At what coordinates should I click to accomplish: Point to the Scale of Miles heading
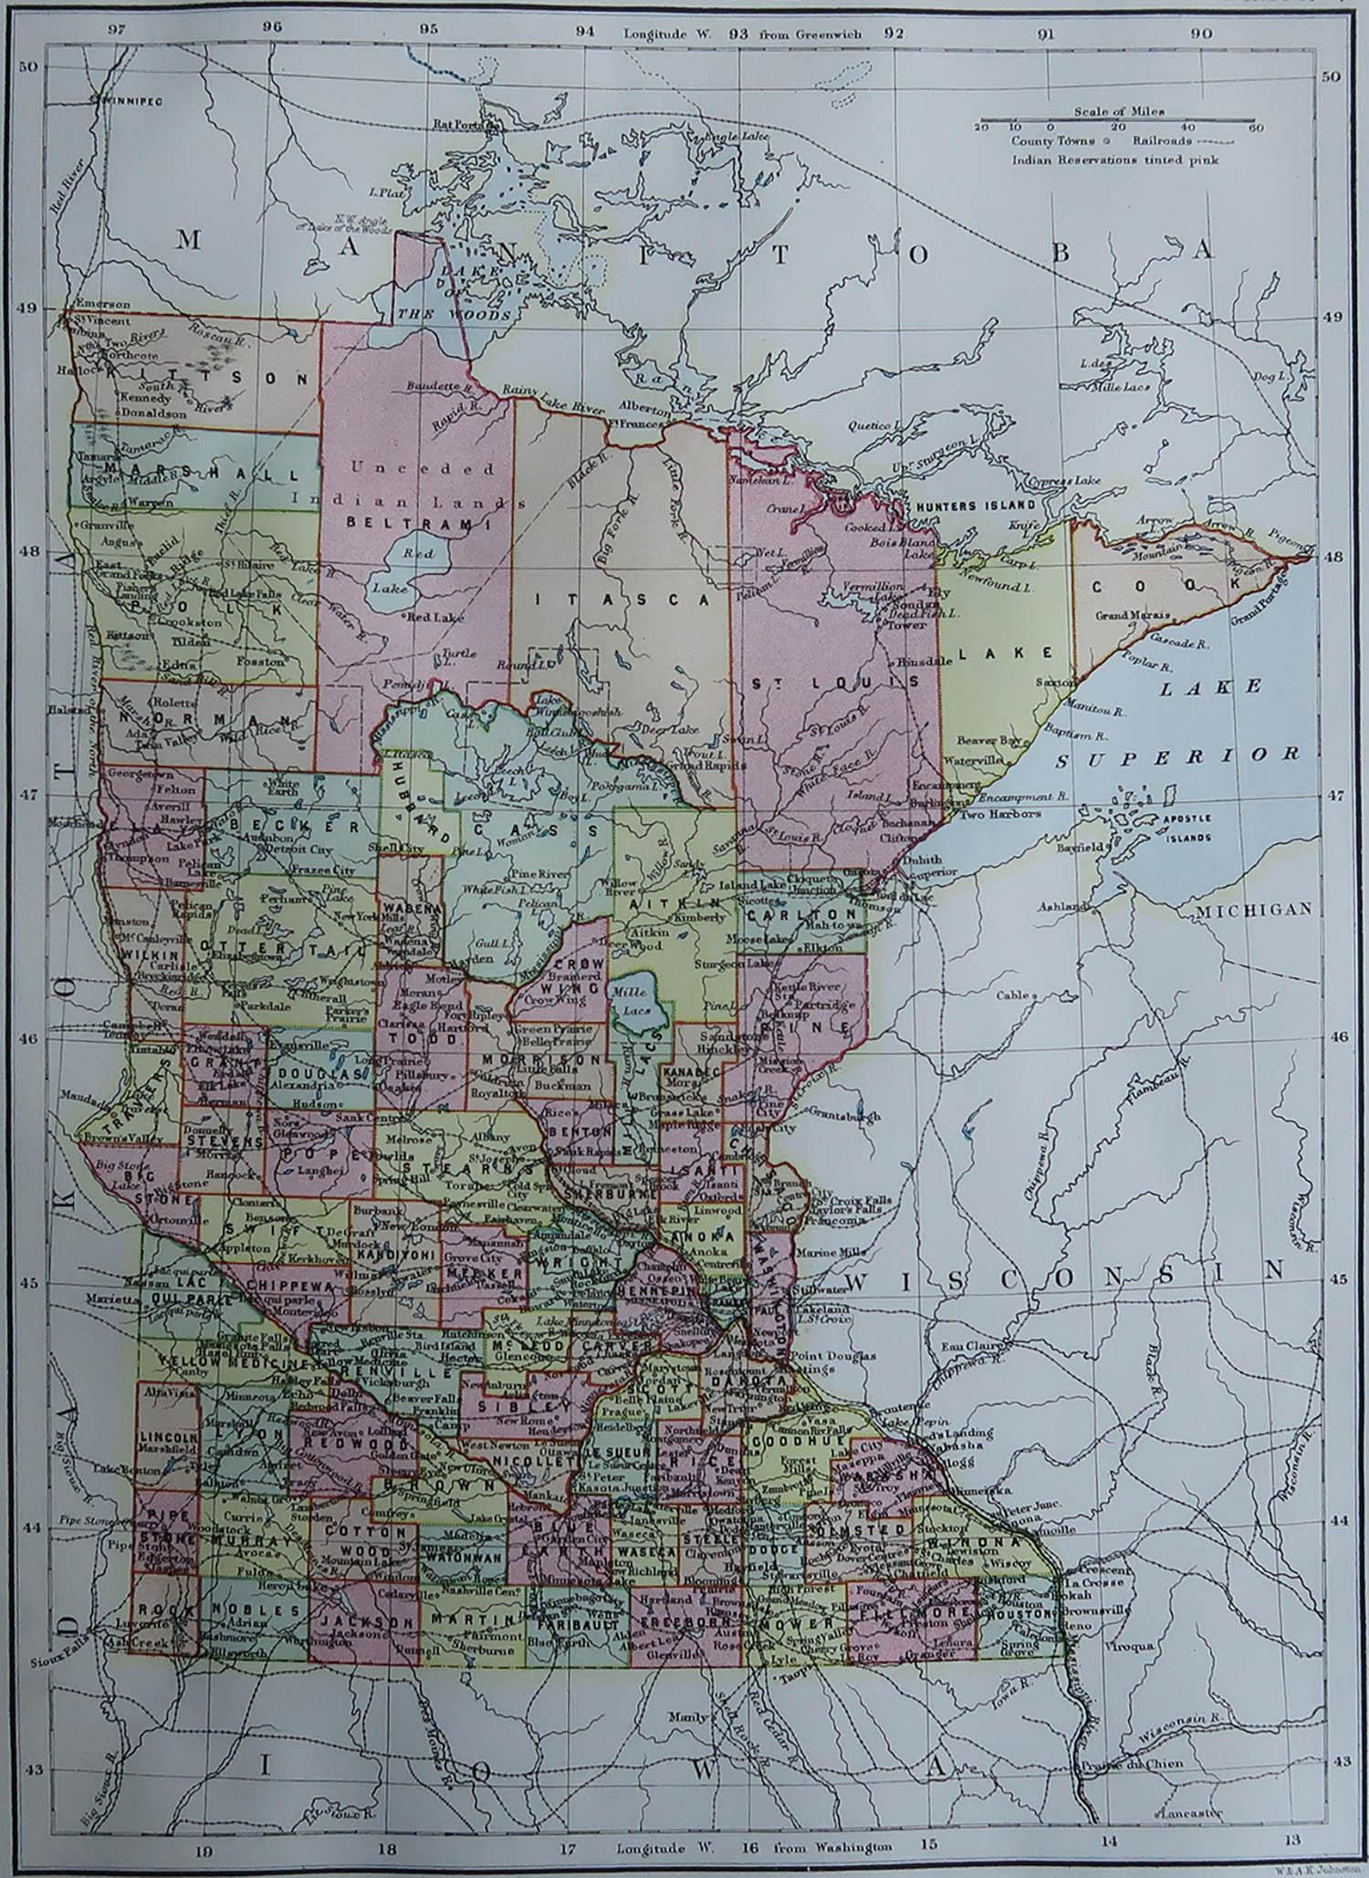pyautogui.click(x=1118, y=111)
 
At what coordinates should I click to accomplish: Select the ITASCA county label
pyautogui.click(x=622, y=600)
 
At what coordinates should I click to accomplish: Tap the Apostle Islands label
pyautogui.click(x=1186, y=828)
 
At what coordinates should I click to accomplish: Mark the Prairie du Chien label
pyautogui.click(x=1132, y=1764)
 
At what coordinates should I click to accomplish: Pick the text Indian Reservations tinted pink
pyautogui.click(x=1114, y=160)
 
